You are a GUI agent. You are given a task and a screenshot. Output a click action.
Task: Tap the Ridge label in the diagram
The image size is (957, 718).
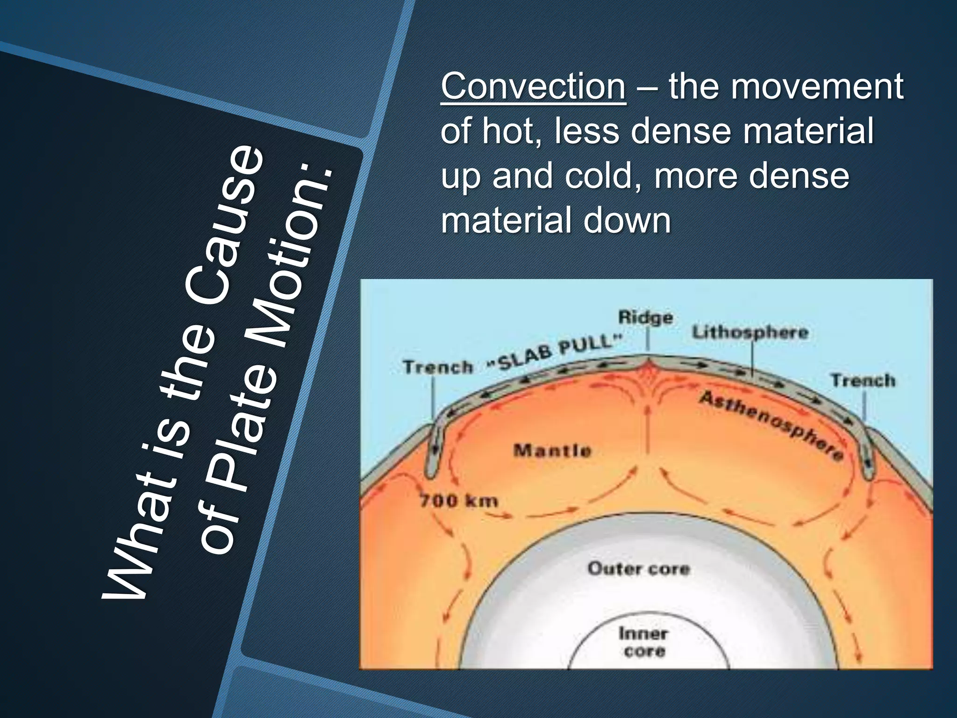click(645, 317)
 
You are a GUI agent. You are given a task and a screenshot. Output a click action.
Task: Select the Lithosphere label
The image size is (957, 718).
click(750, 332)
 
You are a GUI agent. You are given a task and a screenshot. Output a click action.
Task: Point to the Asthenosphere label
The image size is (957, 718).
click(771, 425)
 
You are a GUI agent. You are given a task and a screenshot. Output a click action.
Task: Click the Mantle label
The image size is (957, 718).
click(552, 451)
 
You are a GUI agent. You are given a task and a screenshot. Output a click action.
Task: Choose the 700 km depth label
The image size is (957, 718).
click(458, 501)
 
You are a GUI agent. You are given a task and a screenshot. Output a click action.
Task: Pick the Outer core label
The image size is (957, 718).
click(638, 568)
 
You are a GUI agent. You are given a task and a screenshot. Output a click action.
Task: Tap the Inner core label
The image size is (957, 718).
click(643, 642)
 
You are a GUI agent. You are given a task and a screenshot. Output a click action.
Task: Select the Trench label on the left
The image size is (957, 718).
click(438, 367)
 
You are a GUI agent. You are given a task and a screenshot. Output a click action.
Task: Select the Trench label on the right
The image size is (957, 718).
click(863, 380)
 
